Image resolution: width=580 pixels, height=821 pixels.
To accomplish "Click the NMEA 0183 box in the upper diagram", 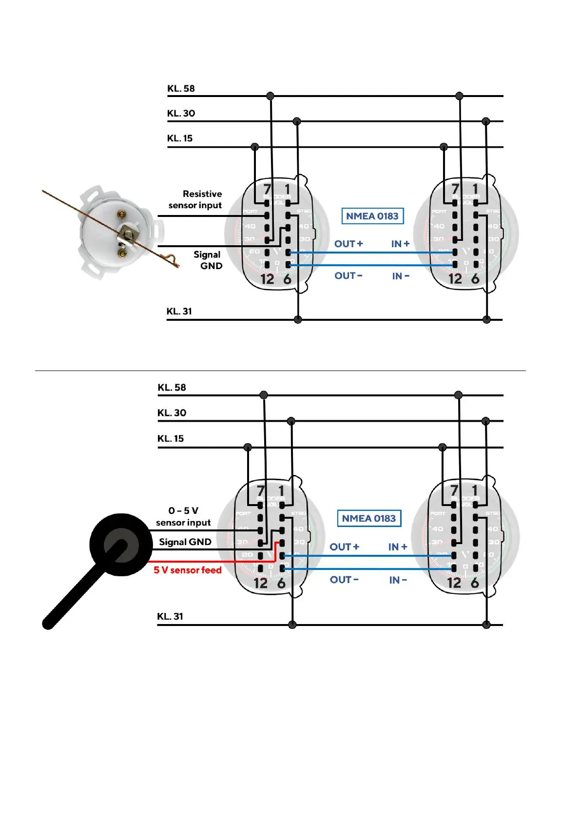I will coord(372,216).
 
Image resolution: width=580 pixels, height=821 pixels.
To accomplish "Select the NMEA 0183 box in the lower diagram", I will coord(368,518).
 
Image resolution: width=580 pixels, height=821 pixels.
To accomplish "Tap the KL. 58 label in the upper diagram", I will coord(181,89).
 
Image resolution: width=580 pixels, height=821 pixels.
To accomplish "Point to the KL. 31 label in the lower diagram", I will coord(170,616).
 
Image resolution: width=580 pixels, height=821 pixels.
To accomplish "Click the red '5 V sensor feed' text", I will coord(188,570).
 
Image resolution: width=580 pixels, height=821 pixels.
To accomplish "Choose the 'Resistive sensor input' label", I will coord(196,199).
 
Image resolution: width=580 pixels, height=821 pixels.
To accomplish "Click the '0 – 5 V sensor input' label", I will coord(183,517).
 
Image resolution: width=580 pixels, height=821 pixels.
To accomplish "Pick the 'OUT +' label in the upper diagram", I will coord(348,244).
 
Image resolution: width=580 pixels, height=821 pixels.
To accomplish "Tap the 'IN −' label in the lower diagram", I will coord(398,580).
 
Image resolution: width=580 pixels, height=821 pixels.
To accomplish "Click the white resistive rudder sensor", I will coord(119,231).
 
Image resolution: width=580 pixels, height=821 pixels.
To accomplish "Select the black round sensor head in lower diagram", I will coord(120,544).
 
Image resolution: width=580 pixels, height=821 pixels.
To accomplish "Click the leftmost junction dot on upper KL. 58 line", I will coord(271,96).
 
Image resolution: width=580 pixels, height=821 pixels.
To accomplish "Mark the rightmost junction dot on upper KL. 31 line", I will coord(486,320).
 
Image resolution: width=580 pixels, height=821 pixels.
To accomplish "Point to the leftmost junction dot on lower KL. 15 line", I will coord(248,447).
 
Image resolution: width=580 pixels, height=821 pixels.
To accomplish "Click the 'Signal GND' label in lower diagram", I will coord(185,542).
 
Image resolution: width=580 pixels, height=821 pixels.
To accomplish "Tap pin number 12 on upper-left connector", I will coord(267,279).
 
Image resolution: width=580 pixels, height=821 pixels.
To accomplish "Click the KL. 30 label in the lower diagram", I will coord(172,413).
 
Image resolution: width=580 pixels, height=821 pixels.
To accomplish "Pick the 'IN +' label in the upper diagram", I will coord(400,244).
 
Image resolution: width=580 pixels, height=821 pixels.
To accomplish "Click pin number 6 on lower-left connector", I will coord(281,583).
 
